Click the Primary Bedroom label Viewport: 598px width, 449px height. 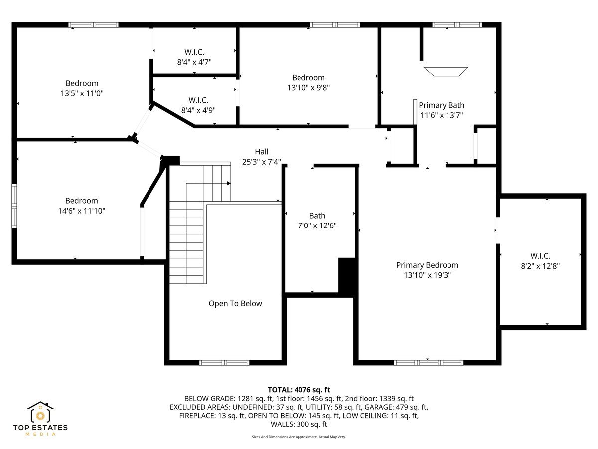(427, 265)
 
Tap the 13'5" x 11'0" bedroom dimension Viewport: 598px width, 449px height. (82, 93)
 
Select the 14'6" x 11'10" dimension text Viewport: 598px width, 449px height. (82, 211)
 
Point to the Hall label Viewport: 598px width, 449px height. (261, 152)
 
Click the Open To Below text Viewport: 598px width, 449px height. (235, 303)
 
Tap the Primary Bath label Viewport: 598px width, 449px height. (441, 105)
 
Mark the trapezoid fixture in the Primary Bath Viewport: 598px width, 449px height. (446, 72)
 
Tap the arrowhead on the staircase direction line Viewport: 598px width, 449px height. (229, 184)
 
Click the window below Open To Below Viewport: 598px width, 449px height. (224, 363)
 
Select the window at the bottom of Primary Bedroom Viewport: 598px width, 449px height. (428, 363)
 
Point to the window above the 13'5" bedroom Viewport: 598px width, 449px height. (93, 25)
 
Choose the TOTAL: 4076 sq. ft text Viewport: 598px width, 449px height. (299, 390)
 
